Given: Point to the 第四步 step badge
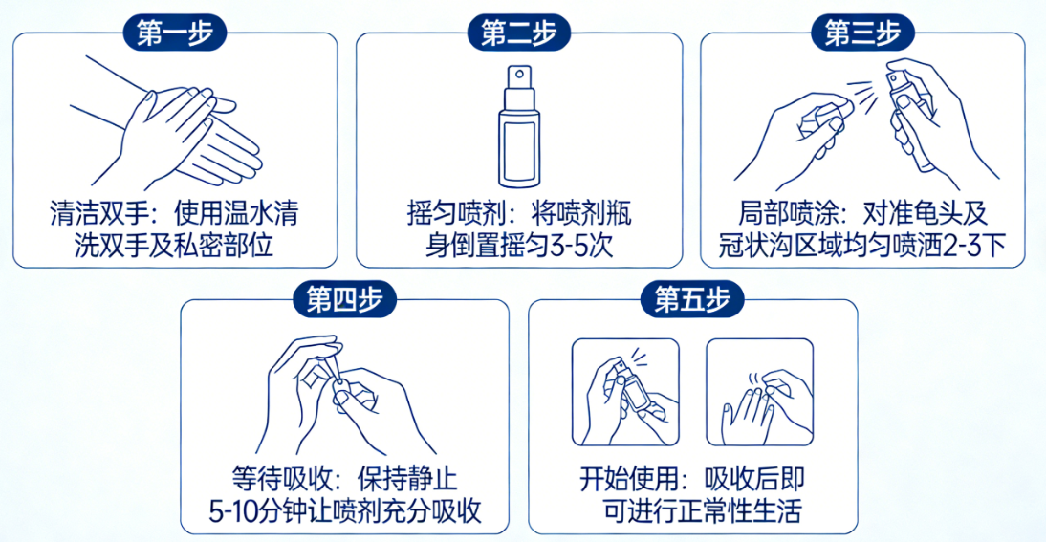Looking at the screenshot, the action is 345,299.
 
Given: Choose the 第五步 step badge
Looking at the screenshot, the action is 692,299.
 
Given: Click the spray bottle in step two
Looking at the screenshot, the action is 519,126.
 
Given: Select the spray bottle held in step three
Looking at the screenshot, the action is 910,120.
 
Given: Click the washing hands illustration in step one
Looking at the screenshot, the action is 166,123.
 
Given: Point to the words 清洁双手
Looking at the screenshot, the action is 99,213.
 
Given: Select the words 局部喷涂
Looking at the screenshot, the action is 788,213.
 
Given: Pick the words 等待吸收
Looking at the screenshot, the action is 281,479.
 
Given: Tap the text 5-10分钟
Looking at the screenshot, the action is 258,511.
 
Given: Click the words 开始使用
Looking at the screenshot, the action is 628,479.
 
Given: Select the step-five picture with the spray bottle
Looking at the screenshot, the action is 625,392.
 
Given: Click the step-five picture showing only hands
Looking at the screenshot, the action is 760,392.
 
